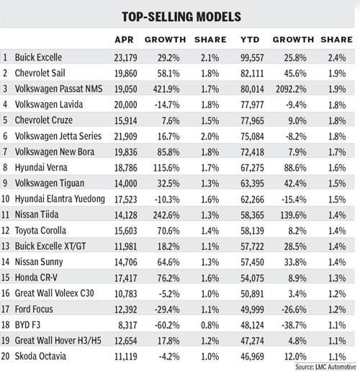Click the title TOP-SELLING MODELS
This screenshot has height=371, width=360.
(x=180, y=15)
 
